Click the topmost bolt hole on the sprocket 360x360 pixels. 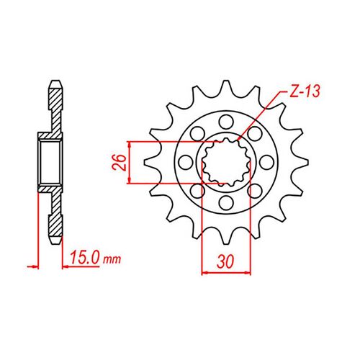pyautogui.click(x=225, y=119)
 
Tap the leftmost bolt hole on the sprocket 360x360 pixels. pyautogui.click(x=183, y=162)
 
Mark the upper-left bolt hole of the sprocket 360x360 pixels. pyautogui.click(x=195, y=132)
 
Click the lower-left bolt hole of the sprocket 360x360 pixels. pyautogui.click(x=195, y=192)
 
